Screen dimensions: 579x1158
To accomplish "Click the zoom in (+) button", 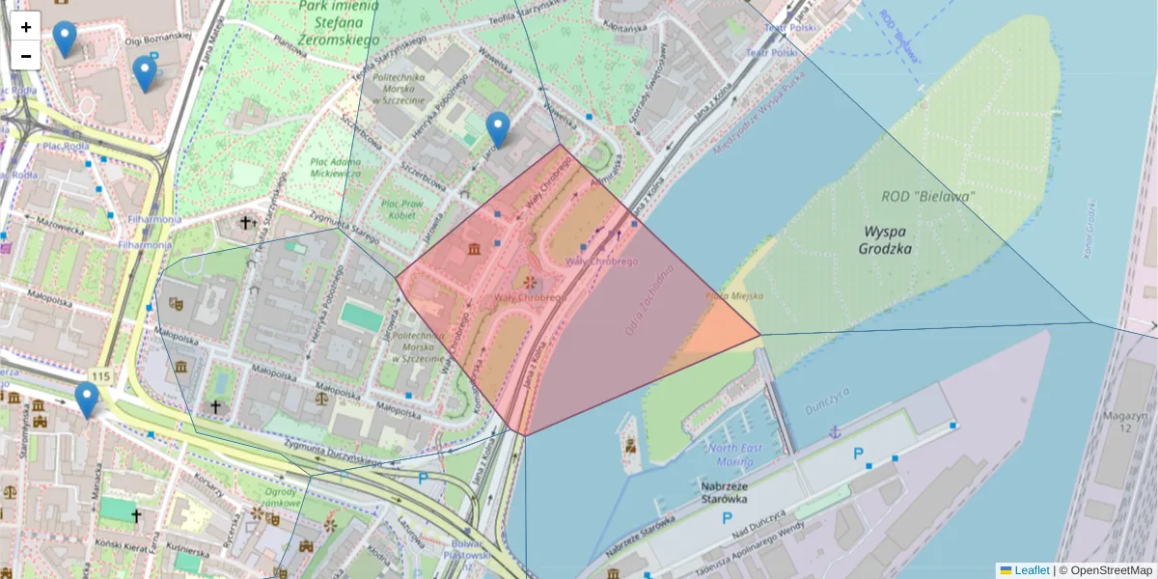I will pos(26,26).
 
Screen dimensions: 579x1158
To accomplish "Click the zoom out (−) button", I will pos(26,56).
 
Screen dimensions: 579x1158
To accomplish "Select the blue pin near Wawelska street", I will pos(498,128).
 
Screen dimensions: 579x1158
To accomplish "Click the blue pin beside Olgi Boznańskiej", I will pos(145,72).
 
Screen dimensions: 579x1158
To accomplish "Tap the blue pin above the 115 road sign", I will pos(87,400).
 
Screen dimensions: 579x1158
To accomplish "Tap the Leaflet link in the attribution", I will pos(1032,570).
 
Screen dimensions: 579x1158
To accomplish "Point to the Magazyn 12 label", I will pos(1127,421).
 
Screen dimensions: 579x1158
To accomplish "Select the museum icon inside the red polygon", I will pos(474,250).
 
